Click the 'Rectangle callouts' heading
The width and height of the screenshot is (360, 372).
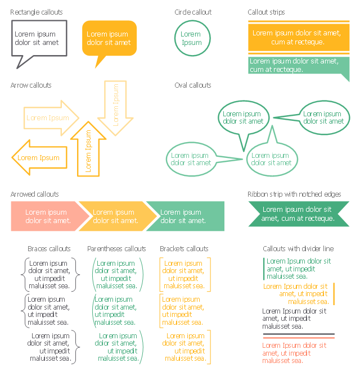37,12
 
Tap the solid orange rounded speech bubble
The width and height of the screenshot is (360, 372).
109,38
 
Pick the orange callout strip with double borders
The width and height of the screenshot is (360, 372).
299,38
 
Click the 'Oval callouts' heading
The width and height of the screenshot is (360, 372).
192,85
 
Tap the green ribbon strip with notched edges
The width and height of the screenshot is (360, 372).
299,214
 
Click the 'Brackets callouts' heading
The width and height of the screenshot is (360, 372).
184,248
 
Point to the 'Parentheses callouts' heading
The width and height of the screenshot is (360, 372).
116,248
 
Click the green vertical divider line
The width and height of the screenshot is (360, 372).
264,269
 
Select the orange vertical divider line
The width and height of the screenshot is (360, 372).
334,294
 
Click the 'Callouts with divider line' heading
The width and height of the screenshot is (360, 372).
298,248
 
